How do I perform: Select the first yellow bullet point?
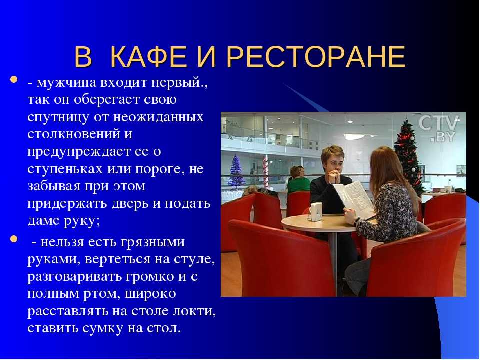[x=14, y=79]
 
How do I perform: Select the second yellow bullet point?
[x=14, y=238]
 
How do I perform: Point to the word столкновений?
[x=74, y=134]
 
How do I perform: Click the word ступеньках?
[x=65, y=169]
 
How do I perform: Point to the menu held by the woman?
[x=355, y=198]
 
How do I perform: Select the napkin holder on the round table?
[x=316, y=212]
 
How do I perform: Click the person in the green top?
[x=298, y=180]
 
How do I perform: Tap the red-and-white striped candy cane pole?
[x=265, y=172]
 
